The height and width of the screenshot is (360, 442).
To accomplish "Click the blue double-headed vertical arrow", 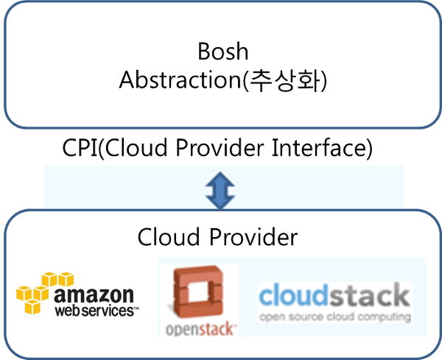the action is click(219, 188).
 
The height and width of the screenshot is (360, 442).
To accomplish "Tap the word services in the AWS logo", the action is click(108, 311).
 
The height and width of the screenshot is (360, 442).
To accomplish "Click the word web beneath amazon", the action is click(67, 311).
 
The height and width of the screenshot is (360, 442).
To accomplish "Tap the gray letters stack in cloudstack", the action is click(373, 296).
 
